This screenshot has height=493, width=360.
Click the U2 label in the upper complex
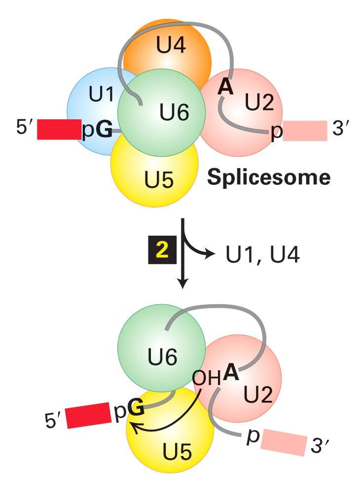point(259,102)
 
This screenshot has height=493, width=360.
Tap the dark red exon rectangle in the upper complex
point(59,129)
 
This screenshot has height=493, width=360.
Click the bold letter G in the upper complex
point(104,132)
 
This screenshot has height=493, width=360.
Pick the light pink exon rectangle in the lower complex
point(284,440)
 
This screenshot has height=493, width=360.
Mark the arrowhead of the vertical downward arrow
point(183,284)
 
